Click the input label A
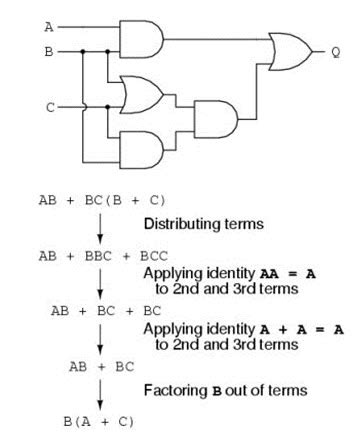tap(47, 27)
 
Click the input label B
tap(47, 49)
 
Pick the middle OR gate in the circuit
tap(141, 94)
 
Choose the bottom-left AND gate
tap(141, 146)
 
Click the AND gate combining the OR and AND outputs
tap(216, 119)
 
